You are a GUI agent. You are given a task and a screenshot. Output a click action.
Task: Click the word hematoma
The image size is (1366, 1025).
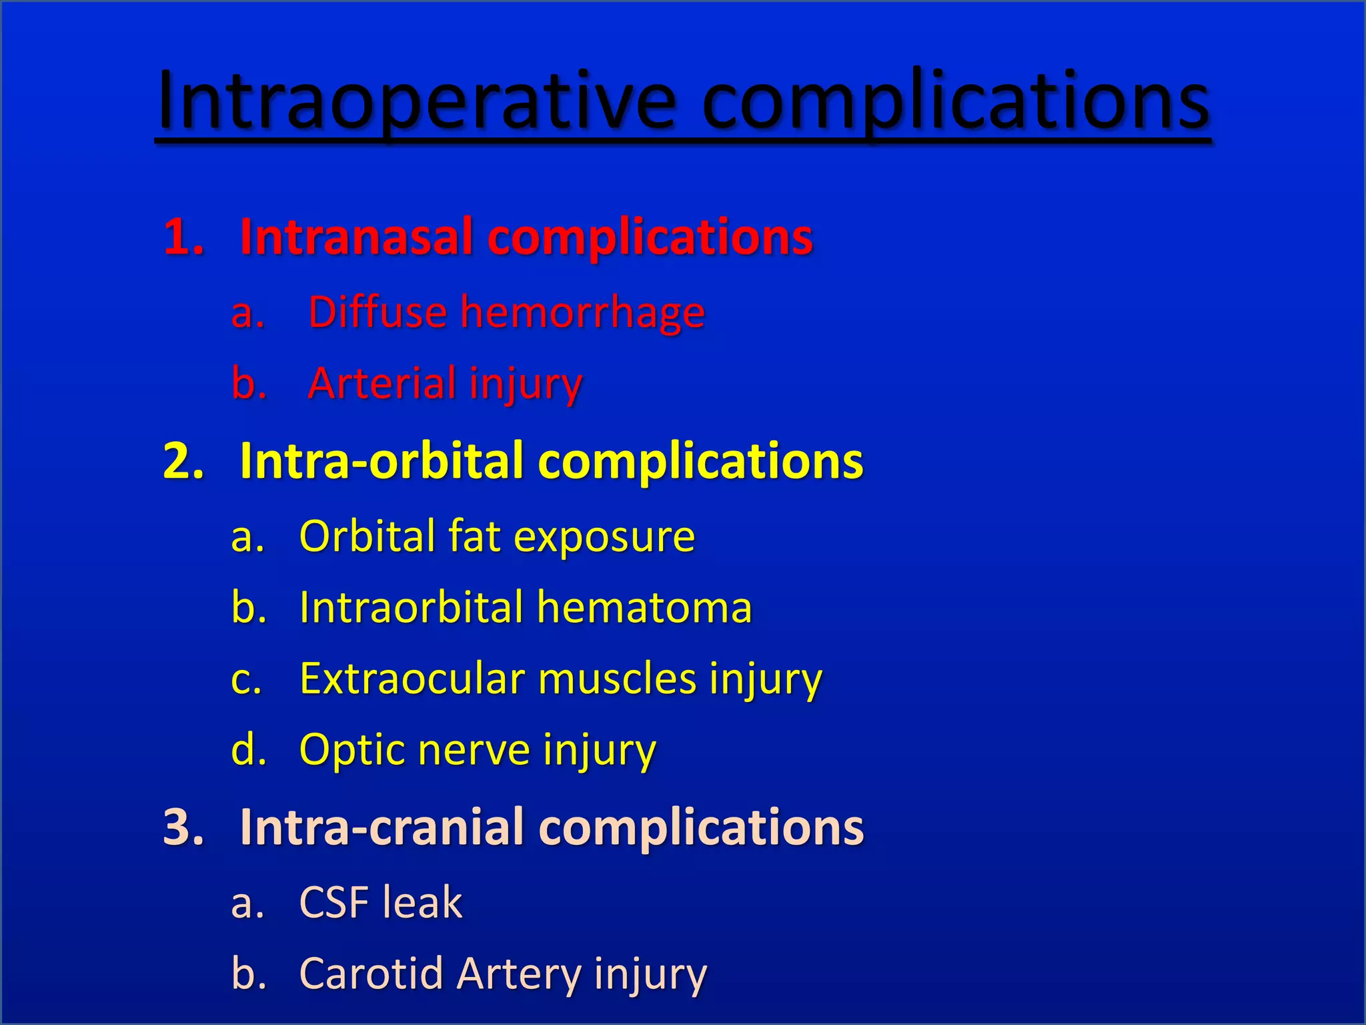(644, 608)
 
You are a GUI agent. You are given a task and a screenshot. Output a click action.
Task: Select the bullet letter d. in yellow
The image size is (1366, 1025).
(248, 750)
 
